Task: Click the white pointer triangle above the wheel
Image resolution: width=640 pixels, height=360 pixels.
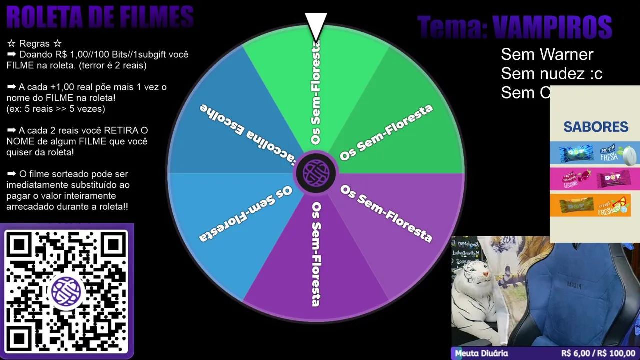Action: coord(316,25)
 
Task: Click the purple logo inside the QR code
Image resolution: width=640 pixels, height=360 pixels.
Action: coord(66,291)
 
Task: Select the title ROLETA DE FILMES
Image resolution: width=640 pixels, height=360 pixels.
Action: coord(100,17)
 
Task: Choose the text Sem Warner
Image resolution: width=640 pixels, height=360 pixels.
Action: coord(547,54)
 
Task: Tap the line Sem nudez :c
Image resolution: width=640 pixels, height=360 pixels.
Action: coord(551,74)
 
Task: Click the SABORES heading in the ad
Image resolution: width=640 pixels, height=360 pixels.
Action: coord(596,127)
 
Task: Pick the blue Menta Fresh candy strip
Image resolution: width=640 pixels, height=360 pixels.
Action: coord(595,153)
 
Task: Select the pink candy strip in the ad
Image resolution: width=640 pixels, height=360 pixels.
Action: coord(595,179)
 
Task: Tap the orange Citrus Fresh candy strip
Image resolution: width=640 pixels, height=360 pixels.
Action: coord(595,205)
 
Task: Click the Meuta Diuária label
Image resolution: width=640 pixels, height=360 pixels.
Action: coord(481,353)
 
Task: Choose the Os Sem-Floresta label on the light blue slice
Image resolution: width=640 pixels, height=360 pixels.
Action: coord(245,214)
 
